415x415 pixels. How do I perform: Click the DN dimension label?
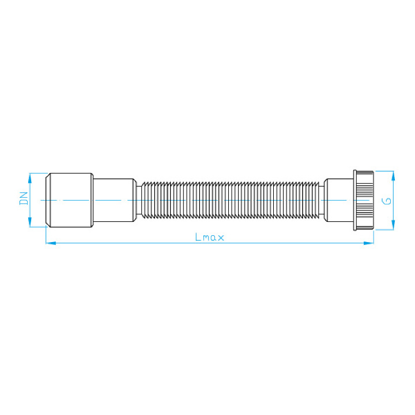(24, 199)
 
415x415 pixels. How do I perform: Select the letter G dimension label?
(388, 201)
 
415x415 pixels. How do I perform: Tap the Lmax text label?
(209, 236)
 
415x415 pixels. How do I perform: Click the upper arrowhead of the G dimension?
(393, 173)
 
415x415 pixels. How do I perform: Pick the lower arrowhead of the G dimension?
(393, 227)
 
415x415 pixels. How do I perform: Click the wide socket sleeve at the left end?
(69, 199)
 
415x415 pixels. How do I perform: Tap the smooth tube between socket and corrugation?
(114, 199)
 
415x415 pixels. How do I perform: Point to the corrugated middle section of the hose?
(231, 199)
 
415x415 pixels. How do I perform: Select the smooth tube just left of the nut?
(339, 199)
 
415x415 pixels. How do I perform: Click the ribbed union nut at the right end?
(365, 199)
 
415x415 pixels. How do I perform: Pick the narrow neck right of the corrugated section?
(322, 199)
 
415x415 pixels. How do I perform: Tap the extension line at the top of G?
(384, 171)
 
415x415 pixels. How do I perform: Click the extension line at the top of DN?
(37, 173)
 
